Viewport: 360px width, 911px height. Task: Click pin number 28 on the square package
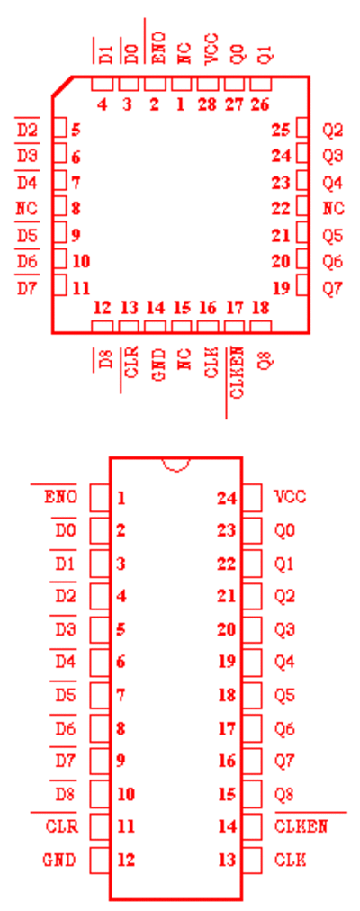tap(207, 104)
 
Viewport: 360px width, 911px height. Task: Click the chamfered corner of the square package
tap(62, 86)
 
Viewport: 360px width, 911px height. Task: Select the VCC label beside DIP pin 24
tap(290, 497)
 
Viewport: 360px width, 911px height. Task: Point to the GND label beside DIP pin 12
tap(59, 860)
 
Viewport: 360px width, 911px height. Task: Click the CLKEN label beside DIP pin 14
tap(301, 825)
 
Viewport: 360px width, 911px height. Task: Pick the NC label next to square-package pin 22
tap(333, 208)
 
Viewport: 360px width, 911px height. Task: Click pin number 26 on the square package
tap(260, 104)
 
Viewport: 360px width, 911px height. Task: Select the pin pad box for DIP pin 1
tap(100, 498)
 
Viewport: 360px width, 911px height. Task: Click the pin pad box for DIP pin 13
tap(252, 860)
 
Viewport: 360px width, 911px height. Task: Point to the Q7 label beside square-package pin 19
tap(333, 288)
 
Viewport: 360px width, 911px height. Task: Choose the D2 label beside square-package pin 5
tap(27, 131)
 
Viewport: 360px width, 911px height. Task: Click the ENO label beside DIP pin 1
tap(60, 497)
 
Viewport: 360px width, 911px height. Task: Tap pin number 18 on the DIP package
tap(227, 694)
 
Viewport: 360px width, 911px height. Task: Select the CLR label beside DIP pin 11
tap(61, 825)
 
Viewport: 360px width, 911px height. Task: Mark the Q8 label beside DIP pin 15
tap(284, 793)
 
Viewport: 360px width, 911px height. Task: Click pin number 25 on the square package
tap(281, 131)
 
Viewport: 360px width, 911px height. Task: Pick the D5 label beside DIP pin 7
tap(66, 694)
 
